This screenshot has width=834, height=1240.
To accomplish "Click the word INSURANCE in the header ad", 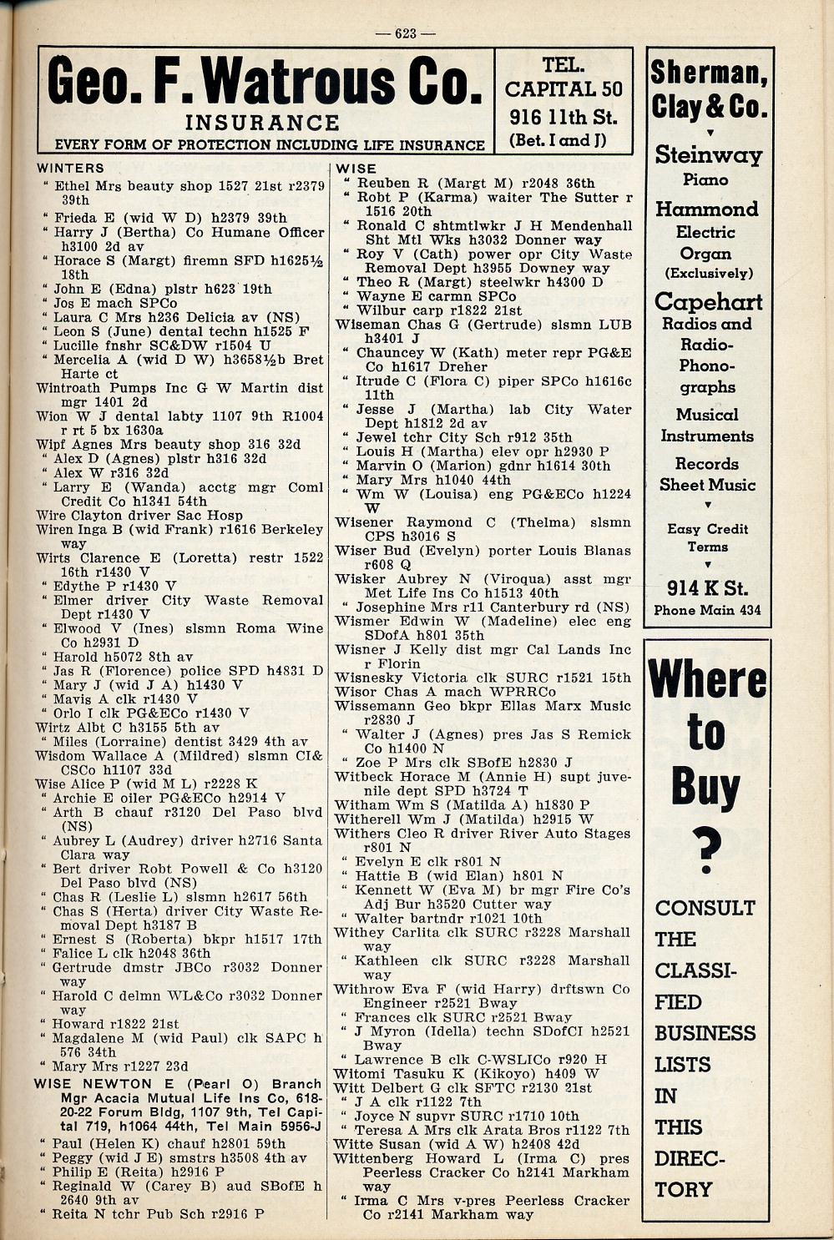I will coord(261,123).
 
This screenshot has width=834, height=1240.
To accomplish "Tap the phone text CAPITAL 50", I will coord(564,88).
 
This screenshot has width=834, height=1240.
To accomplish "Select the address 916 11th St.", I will coord(563,117).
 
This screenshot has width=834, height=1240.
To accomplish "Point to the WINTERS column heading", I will coord(70,169).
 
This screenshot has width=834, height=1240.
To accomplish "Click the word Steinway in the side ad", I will coord(708,155).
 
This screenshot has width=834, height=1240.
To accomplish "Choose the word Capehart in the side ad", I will coord(708,301).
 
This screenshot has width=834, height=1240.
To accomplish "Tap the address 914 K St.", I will coord(707,588).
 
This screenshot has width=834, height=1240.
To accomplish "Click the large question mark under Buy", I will coord(706,849).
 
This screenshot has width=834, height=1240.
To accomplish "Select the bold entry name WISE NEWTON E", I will coord(94,1084).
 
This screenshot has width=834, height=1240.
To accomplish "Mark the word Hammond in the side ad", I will coord(707,209).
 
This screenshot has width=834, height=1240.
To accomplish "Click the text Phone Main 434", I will coord(707,610).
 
